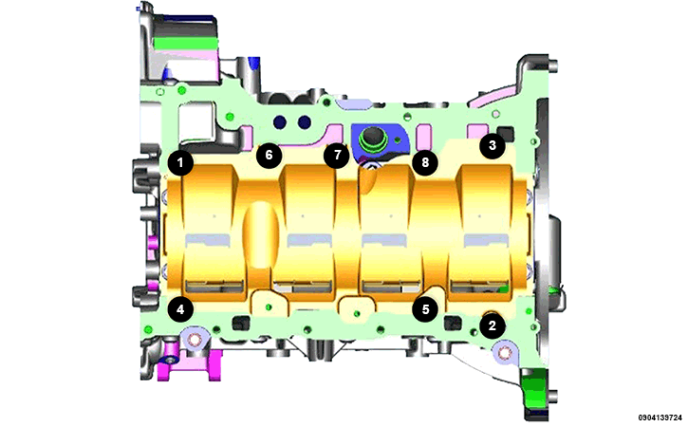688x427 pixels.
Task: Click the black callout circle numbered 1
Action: click(x=180, y=163)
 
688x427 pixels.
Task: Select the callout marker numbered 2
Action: click(x=493, y=325)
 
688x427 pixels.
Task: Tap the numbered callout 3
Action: click(x=493, y=145)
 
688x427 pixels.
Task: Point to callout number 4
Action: click(x=180, y=309)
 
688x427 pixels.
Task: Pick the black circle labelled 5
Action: click(x=425, y=309)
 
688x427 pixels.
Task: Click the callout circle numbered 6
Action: click(x=269, y=155)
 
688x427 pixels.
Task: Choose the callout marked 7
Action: click(x=337, y=155)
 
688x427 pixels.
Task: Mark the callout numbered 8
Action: click(x=425, y=163)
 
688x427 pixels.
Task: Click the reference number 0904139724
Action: click(x=661, y=416)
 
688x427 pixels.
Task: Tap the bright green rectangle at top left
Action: click(x=186, y=43)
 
